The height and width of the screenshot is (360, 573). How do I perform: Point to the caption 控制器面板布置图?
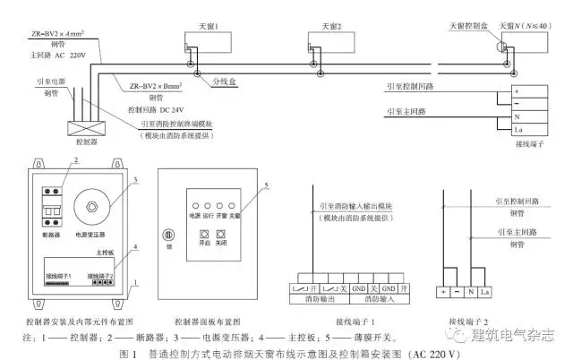pyautogui.click(x=210, y=319)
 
